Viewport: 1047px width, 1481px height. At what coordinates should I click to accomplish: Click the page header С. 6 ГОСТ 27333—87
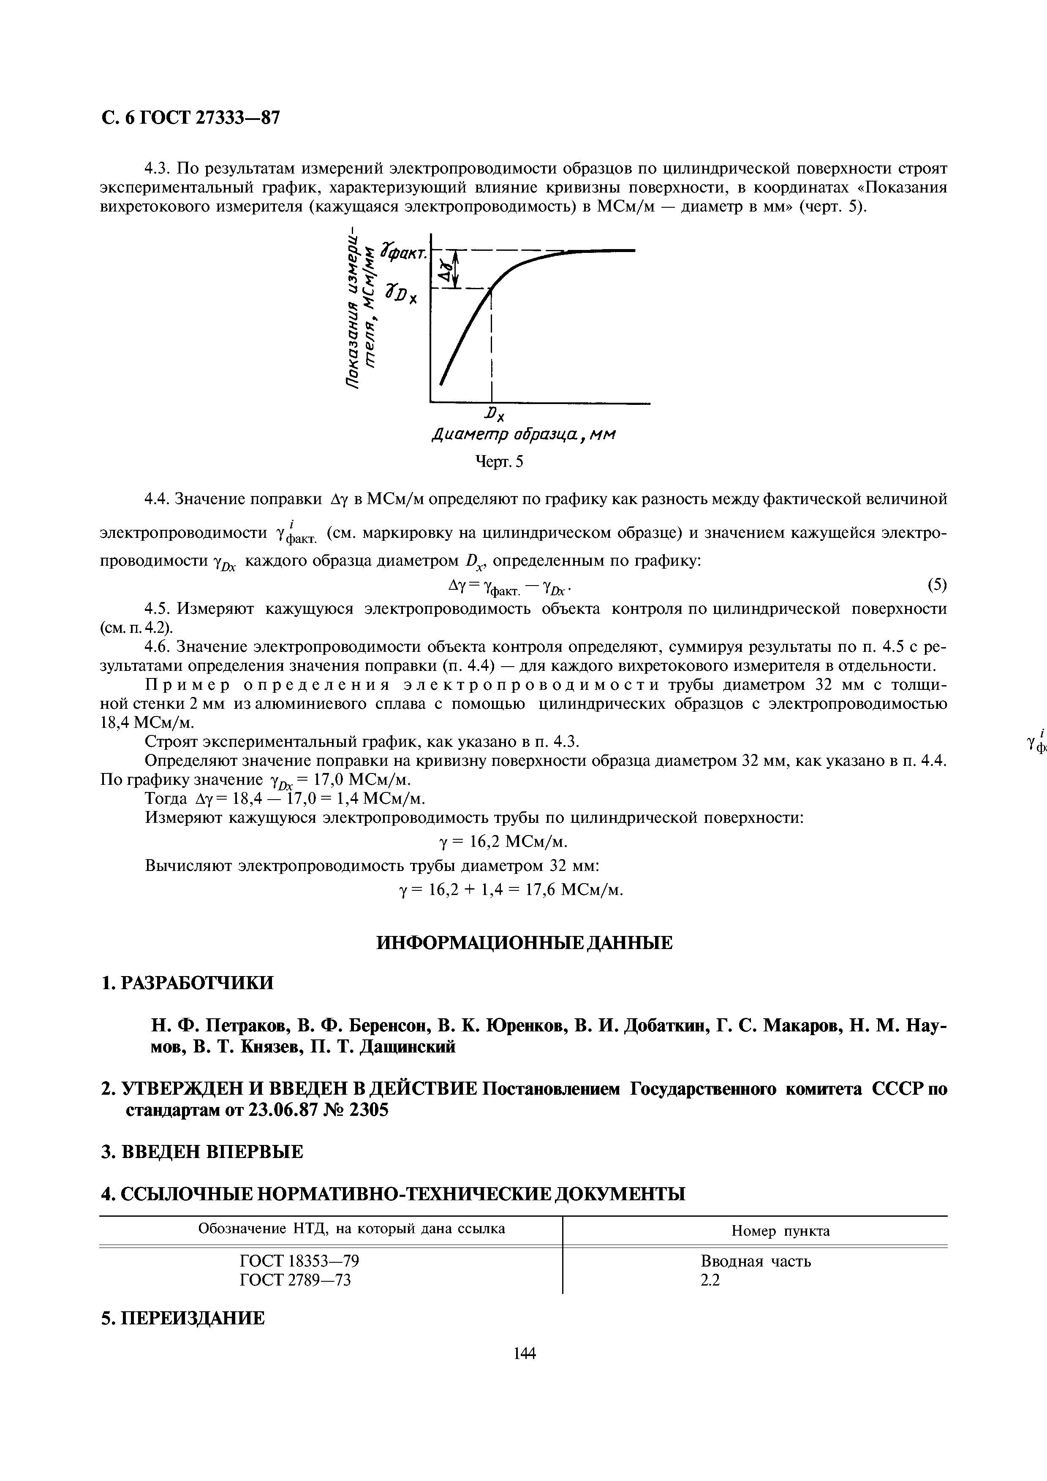pyautogui.click(x=192, y=118)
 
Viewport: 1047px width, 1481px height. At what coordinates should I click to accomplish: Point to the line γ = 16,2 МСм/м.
pyautogui.click(x=503, y=842)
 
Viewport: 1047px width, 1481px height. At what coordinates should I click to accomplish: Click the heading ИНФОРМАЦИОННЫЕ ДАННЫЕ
pyautogui.click(x=524, y=943)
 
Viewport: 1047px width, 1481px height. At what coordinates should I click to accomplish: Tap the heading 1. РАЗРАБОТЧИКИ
pyautogui.click(x=188, y=982)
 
